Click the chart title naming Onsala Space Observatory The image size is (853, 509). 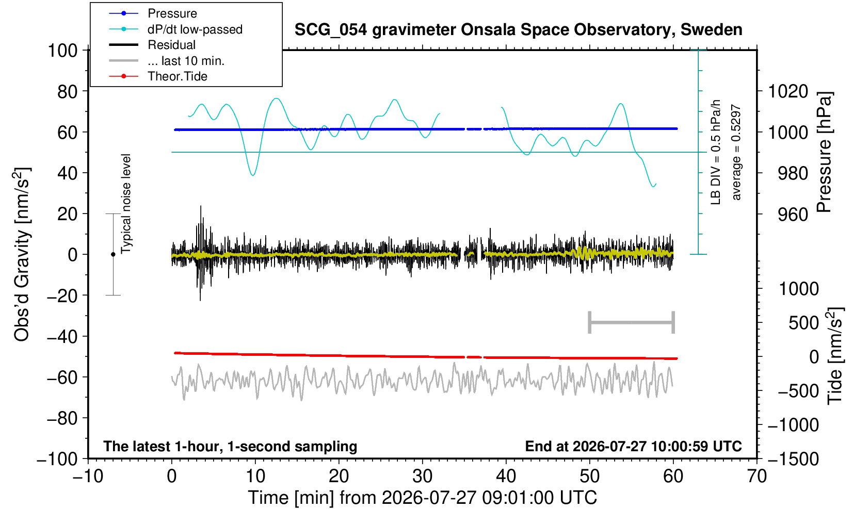coord(518,30)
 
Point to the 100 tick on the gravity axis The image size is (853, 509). coord(62,50)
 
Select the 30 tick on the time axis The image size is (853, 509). coord(422,477)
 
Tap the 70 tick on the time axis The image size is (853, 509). coord(757,477)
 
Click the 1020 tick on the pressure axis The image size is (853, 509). coord(788,91)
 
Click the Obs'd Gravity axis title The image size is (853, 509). coord(22,254)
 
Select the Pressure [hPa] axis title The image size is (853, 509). coord(825,152)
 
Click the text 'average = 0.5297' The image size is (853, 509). coord(736,152)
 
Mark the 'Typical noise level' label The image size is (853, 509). coord(126,204)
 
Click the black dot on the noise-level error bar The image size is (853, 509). coord(113,254)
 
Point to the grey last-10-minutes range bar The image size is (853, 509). coord(632,322)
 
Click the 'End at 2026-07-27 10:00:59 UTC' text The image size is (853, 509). coord(633,446)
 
